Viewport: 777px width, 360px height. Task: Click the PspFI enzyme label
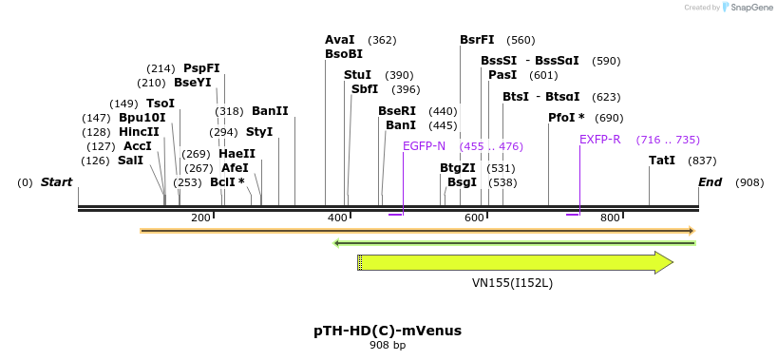click(x=201, y=68)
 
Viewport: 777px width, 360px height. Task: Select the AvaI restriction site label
click(x=339, y=40)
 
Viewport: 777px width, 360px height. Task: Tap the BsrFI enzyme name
click(x=477, y=40)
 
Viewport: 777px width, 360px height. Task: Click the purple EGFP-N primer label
click(x=424, y=146)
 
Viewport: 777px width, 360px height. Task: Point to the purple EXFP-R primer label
click(x=599, y=140)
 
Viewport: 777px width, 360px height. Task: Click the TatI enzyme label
click(x=661, y=161)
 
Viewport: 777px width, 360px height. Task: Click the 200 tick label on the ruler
click(x=200, y=218)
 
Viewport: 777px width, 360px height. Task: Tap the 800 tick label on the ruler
click(x=611, y=218)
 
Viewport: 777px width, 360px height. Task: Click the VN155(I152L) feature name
click(x=512, y=283)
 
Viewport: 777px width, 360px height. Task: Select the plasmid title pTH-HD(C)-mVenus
click(x=388, y=331)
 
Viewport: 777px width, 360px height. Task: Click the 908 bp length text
click(x=388, y=346)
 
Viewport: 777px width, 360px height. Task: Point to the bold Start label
click(x=56, y=181)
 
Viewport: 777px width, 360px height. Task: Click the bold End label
click(x=711, y=181)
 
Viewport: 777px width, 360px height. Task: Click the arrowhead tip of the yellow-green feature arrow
click(x=672, y=262)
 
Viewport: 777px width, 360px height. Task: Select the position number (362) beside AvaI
click(x=382, y=40)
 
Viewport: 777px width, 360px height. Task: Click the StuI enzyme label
click(x=357, y=75)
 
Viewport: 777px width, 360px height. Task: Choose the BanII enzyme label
click(x=270, y=111)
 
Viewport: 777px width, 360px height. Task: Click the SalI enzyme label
click(x=130, y=161)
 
